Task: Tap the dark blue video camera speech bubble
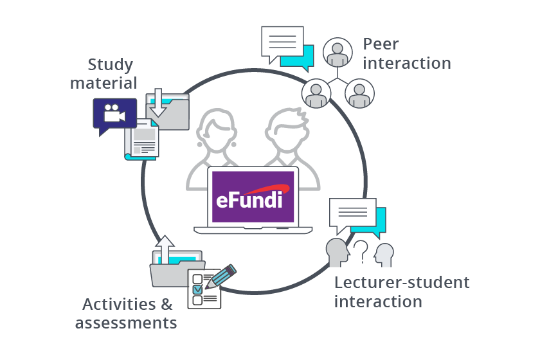114,114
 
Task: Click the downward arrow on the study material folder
158,103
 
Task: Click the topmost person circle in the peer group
337,53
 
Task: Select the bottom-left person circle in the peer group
316,93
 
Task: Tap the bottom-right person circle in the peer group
359,93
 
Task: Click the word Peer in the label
381,44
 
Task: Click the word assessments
125,323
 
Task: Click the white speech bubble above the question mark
352,214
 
